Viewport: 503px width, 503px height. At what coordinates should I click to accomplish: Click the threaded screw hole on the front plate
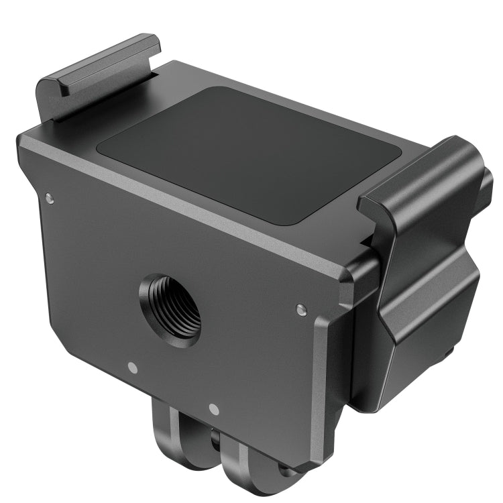click(x=170, y=306)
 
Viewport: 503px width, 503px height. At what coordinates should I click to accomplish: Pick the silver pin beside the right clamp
click(x=300, y=309)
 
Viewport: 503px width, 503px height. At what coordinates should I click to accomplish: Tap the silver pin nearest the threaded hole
click(x=132, y=367)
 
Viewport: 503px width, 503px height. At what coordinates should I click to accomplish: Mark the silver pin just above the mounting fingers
click(x=213, y=408)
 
